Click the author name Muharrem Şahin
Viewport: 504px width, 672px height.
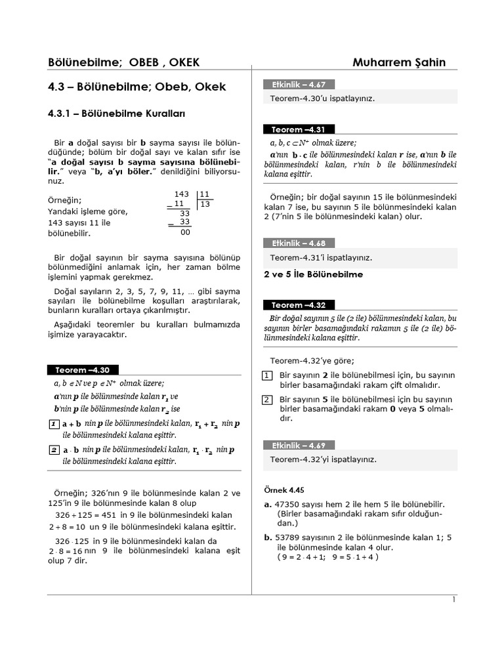(399, 62)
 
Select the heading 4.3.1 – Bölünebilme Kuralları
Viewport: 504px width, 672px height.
(117, 114)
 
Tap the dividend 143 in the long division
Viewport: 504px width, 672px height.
(182, 194)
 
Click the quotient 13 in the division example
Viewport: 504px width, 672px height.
(205, 204)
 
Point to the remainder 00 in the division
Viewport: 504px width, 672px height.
(185, 232)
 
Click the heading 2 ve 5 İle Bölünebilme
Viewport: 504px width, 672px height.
(313, 274)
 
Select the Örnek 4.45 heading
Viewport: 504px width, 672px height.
(284, 490)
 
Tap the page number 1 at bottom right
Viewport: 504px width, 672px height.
(453, 599)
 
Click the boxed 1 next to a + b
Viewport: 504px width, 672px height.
(53, 425)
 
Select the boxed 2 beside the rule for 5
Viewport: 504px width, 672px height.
(267, 400)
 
